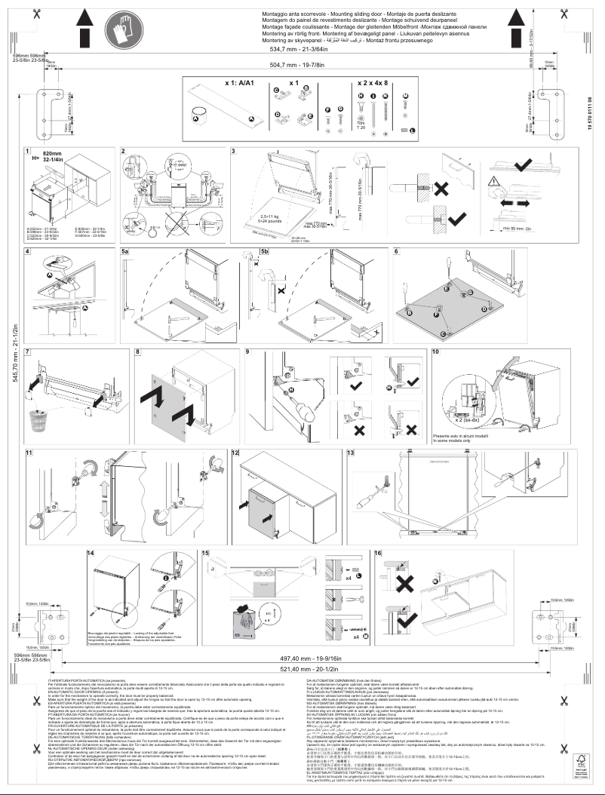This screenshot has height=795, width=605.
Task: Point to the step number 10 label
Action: pyautogui.click(x=435, y=352)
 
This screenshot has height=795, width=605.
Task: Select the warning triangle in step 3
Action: pyautogui.click(x=494, y=180)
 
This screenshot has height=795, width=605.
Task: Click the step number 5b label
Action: pyautogui.click(x=264, y=250)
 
